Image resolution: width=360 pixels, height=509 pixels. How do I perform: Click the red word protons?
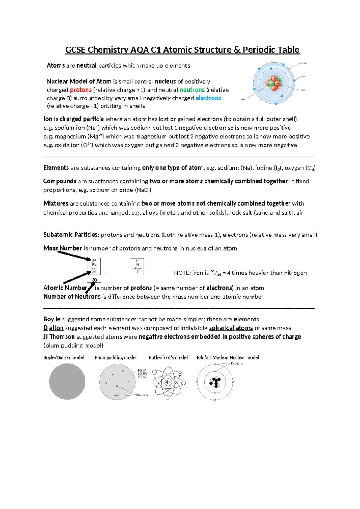pyautogui.click(x=81, y=90)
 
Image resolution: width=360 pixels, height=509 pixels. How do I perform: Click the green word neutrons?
pyautogui.click(x=192, y=90)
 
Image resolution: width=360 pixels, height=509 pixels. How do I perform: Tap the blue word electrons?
pyautogui.click(x=208, y=98)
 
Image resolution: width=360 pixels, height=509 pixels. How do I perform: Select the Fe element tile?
pyautogui.click(x=94, y=266)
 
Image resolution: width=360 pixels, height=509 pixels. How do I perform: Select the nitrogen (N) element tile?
pyautogui.click(x=137, y=266)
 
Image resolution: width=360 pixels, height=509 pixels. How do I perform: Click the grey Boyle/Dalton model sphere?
pyautogui.click(x=67, y=381)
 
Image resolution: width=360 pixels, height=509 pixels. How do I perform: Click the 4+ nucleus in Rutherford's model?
pyautogui.click(x=168, y=382)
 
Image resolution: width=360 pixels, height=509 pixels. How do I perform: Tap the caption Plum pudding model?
pyautogui.click(x=115, y=357)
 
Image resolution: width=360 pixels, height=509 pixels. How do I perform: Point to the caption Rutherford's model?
pyautogui.click(x=168, y=357)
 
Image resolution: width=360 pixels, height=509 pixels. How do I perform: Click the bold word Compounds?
pyautogui.click(x=60, y=181)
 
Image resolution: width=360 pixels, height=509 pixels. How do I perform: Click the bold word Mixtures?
pyautogui.click(x=56, y=203)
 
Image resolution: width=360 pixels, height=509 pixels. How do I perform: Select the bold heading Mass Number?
pyautogui.click(x=63, y=248)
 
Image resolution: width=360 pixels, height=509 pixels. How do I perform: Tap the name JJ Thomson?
pyautogui.click(x=59, y=336)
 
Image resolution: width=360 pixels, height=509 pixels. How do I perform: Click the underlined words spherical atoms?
pyautogui.click(x=231, y=328)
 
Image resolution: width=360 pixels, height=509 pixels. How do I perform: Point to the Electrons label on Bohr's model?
pyautogui.click(x=236, y=363)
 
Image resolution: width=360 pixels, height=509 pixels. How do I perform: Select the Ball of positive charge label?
pyautogui.click(x=142, y=373)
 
